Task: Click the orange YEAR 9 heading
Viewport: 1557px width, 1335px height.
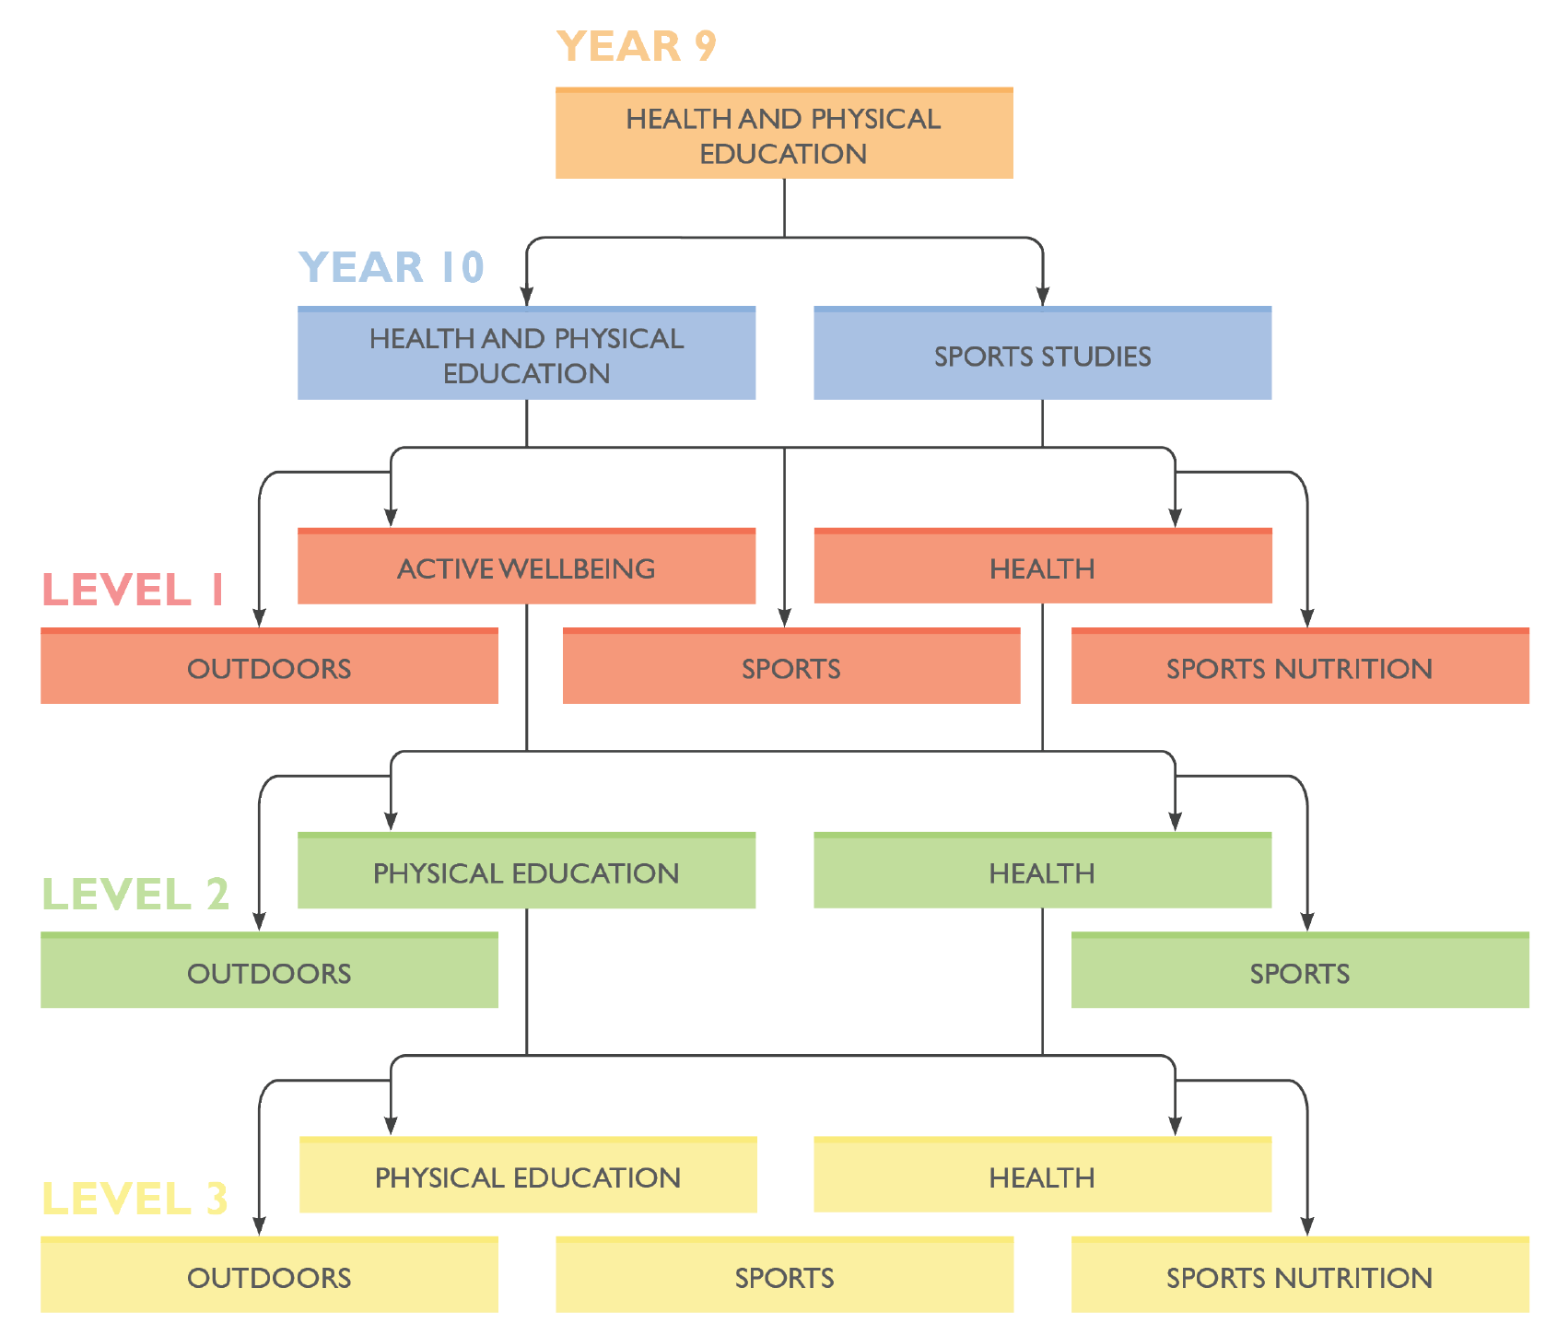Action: pyautogui.click(x=636, y=46)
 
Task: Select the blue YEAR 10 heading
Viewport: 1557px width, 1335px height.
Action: pyautogui.click(x=392, y=267)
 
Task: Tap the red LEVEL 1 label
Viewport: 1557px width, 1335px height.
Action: pyautogui.click(x=133, y=590)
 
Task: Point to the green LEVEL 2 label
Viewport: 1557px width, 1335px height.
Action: pyautogui.click(x=135, y=894)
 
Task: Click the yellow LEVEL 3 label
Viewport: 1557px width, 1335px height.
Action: pyautogui.click(x=135, y=1199)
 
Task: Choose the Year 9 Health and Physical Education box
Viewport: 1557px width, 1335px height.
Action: pyautogui.click(x=784, y=135)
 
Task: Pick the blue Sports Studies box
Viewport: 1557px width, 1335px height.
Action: pyautogui.click(x=1042, y=355)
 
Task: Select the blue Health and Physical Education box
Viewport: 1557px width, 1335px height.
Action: pyautogui.click(x=526, y=355)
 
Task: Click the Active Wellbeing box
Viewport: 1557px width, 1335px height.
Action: pyautogui.click(x=526, y=568)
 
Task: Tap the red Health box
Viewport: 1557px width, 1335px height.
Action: pyautogui.click(x=1042, y=568)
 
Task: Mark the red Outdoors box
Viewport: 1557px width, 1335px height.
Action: pyautogui.click(x=269, y=667)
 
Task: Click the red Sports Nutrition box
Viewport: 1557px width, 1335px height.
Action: pyautogui.click(x=1300, y=667)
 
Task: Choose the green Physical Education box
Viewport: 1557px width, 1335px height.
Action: pyautogui.click(x=526, y=872)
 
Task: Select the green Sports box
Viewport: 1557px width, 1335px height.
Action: pyautogui.click(x=1300, y=972)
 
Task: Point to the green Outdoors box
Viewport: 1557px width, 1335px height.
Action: pyautogui.click(x=269, y=972)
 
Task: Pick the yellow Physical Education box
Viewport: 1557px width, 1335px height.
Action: pyautogui.click(x=528, y=1177)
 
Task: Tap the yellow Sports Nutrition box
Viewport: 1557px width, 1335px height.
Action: pyautogui.click(x=1300, y=1276)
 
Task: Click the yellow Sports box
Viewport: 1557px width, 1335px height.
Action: pyautogui.click(x=784, y=1276)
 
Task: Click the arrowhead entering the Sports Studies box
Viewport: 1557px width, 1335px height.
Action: pyautogui.click(x=1042, y=296)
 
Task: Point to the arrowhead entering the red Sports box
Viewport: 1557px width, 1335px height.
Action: pyautogui.click(x=784, y=617)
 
